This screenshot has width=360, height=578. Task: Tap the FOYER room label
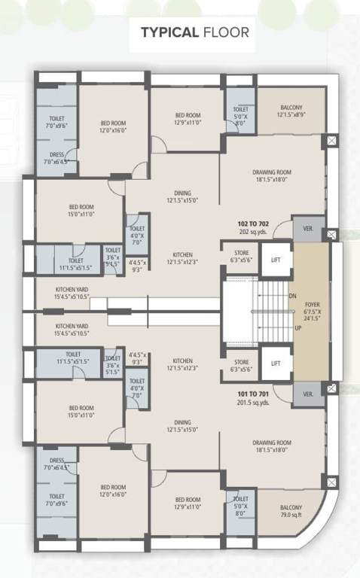(x=313, y=305)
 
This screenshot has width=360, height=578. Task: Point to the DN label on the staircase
(x=293, y=296)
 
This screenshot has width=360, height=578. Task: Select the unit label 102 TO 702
(x=253, y=224)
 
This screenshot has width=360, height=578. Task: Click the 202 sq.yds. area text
(x=253, y=232)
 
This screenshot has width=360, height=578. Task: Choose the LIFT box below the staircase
(x=276, y=364)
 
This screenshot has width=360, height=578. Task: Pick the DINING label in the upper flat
(x=179, y=192)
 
